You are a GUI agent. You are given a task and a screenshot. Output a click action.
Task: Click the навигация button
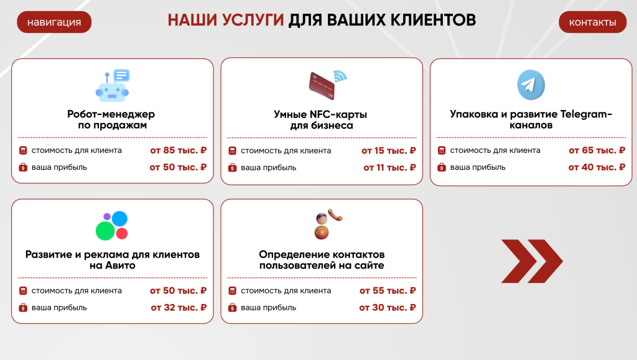54,22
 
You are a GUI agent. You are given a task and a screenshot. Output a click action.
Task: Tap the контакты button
592,22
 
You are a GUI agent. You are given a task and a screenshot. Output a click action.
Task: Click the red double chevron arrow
532,261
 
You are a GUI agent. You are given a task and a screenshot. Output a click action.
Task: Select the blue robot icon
113,85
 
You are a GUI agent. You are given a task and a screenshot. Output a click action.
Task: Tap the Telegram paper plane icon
531,85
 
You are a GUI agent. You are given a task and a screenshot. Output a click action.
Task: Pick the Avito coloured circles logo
112,226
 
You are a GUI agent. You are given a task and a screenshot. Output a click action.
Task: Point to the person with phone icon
328,224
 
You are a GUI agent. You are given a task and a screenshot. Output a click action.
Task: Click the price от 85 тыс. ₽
179,150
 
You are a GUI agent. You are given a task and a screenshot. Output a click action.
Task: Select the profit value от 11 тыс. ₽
389,167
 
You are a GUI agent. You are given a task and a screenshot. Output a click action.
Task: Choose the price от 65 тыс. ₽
597,150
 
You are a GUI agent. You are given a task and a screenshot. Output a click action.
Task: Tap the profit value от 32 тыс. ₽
179,308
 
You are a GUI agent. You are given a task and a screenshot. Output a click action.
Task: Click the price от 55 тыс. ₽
388,290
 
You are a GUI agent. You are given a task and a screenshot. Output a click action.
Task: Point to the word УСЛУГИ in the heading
254,20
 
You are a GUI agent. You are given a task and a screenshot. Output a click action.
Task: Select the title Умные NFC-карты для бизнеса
320,120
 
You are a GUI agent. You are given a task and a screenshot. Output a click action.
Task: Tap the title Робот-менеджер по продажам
111,119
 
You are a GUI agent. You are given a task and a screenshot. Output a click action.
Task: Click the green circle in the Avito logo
105,231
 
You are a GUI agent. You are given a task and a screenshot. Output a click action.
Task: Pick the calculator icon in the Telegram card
442,150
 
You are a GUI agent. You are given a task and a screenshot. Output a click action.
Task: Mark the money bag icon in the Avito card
23,308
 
